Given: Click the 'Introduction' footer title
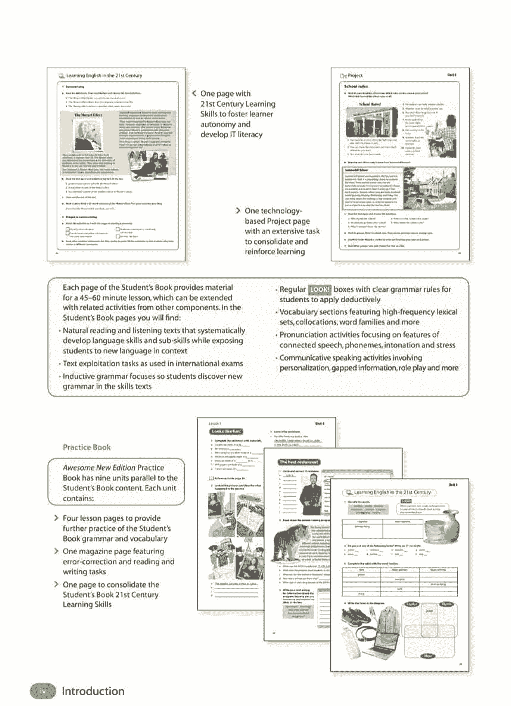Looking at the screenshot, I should tap(93, 691).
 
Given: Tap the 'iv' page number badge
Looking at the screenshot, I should tap(43, 691).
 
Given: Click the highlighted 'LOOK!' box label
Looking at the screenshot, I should tap(320, 290).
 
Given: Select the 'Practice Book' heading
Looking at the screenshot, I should tap(87, 447).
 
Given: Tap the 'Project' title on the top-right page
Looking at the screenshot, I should tap(355, 76).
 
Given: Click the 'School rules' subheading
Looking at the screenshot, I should tap(356, 87).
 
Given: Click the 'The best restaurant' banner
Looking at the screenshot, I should tap(298, 462).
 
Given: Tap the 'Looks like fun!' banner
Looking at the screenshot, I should tap(226, 432).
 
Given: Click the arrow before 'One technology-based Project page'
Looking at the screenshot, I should tap(238, 211).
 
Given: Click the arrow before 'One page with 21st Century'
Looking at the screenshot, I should tap(194, 93).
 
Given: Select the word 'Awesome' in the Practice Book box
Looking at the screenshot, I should tap(78, 468).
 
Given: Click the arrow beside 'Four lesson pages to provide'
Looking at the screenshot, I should tap(57, 518).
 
